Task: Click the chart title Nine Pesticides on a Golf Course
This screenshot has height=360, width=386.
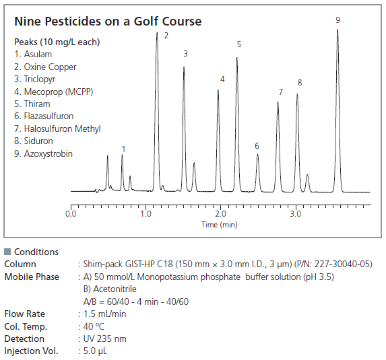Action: (108, 22)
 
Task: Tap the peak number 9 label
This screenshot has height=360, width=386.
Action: (337, 20)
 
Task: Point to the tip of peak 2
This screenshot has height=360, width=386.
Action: (157, 32)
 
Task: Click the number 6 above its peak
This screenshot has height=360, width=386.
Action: (257, 146)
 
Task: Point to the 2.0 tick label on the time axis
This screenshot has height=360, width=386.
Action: (220, 214)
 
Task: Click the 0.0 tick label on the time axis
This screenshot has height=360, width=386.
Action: (71, 214)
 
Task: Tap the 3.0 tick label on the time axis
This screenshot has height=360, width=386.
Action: (296, 214)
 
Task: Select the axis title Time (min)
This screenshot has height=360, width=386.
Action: (220, 225)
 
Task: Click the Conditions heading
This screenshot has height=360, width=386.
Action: (36, 252)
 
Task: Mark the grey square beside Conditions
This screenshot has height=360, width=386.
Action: (7, 252)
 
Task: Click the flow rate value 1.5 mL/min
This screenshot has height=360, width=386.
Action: (104, 314)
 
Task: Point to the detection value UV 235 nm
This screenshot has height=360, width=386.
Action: (105, 338)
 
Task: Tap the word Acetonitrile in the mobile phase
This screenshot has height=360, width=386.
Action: (115, 289)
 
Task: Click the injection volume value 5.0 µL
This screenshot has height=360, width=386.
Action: (95, 351)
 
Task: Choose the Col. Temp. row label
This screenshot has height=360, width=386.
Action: (26, 326)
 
